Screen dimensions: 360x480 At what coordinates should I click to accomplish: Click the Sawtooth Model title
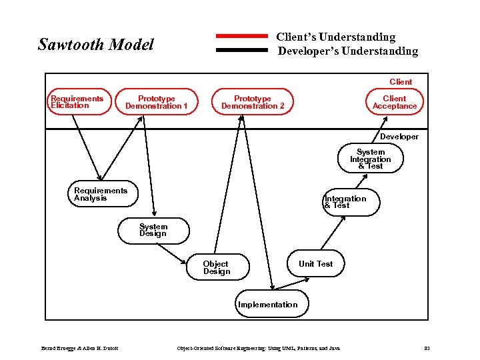96,45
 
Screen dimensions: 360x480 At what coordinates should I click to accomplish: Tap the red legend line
242,35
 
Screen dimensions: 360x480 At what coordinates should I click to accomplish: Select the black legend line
242,50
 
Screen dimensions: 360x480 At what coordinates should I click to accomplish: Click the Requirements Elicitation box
77,102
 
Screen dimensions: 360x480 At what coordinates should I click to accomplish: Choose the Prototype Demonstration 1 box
157,102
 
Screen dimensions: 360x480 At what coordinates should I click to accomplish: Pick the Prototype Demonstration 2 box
253,102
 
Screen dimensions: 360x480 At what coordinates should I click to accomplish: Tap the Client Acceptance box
395,102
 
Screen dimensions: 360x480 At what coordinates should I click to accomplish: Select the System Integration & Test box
371,159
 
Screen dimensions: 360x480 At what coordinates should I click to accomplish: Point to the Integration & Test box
345,201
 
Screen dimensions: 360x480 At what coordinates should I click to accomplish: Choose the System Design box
153,230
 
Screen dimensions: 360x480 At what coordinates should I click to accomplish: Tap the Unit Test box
315,263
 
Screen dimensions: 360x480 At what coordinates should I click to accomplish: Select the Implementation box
268,304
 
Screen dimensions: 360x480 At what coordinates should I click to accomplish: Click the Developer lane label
399,137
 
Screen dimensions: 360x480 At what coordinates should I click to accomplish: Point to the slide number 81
428,349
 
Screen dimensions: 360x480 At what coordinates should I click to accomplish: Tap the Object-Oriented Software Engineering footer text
257,349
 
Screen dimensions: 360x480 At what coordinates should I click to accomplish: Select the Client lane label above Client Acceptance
401,82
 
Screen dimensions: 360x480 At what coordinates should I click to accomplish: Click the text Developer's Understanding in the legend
348,51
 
